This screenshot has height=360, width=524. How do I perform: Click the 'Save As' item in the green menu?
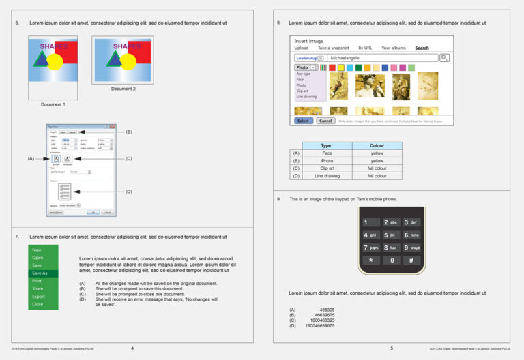(x=40, y=273)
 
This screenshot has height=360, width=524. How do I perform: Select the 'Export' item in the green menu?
(x=38, y=297)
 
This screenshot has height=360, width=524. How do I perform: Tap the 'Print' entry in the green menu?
(x=37, y=281)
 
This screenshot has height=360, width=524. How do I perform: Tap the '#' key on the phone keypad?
(x=412, y=260)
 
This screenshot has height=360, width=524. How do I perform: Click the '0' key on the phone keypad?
(x=392, y=260)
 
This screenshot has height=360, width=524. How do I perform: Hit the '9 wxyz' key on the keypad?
(x=412, y=247)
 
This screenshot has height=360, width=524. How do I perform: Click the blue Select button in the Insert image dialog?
(x=304, y=121)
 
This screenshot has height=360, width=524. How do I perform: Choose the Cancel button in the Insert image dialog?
(x=325, y=121)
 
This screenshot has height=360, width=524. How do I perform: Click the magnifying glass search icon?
(x=445, y=58)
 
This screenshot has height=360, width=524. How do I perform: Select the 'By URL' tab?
(x=365, y=48)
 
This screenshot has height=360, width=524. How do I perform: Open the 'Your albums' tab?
(x=393, y=48)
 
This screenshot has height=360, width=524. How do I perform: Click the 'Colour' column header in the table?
(x=377, y=145)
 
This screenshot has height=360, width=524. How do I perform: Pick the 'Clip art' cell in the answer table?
(x=326, y=168)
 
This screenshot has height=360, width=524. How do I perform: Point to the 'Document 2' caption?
(x=123, y=89)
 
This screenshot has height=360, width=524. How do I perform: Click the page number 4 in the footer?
(x=132, y=348)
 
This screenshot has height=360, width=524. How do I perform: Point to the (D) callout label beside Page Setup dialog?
(x=128, y=192)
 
